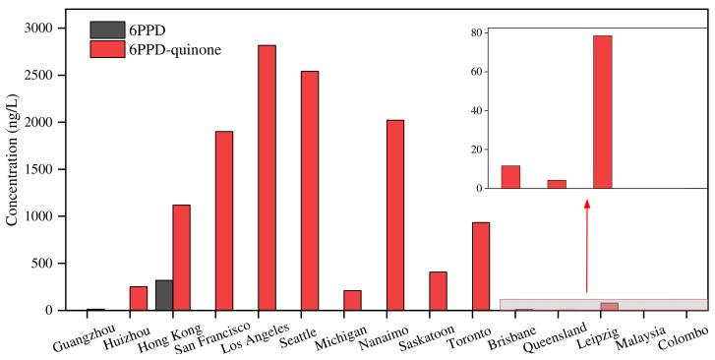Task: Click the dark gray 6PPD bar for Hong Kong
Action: (x=164, y=295)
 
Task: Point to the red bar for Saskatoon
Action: (x=438, y=291)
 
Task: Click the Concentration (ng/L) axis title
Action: (x=13, y=167)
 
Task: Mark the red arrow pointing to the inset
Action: (x=587, y=246)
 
